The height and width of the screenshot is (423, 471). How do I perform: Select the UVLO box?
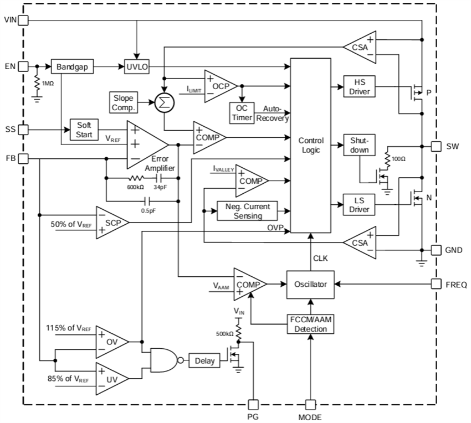pyautogui.click(x=136, y=67)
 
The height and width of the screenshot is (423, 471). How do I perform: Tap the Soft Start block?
pyautogui.click(x=84, y=130)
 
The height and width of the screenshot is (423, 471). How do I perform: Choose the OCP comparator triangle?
pyautogui.click(x=220, y=86)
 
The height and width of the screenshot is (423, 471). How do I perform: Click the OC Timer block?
pyautogui.click(x=241, y=114)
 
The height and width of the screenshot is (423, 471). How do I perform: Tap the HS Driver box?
pyautogui.click(x=358, y=86)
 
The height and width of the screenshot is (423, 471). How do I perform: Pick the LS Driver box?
pyautogui.click(x=358, y=205)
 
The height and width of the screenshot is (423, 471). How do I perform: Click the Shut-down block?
pyautogui.click(x=358, y=145)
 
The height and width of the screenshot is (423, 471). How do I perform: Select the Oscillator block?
pyautogui.click(x=311, y=283)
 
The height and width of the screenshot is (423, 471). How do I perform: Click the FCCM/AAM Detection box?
pyautogui.click(x=311, y=324)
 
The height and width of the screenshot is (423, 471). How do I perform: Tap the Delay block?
pyautogui.click(x=204, y=360)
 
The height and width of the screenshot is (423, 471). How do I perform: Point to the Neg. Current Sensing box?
pyautogui.click(x=252, y=210)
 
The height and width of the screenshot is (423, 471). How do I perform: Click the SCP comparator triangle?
pyautogui.click(x=111, y=223)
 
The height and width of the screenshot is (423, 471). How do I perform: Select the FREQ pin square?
pyautogui.click(x=436, y=284)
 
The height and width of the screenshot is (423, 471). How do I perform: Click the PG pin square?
pyautogui.click(x=253, y=405)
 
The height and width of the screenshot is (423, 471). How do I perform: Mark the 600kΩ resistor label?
pyautogui.click(x=135, y=187)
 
